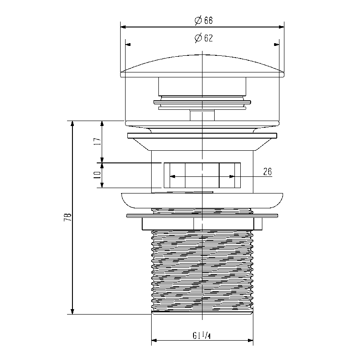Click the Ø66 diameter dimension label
204,20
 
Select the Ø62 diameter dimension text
204,38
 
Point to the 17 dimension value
97,141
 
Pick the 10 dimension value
97,175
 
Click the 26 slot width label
267,171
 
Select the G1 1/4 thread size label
202,336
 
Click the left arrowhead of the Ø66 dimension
123,27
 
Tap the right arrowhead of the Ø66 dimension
281,27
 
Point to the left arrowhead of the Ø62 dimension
128,44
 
